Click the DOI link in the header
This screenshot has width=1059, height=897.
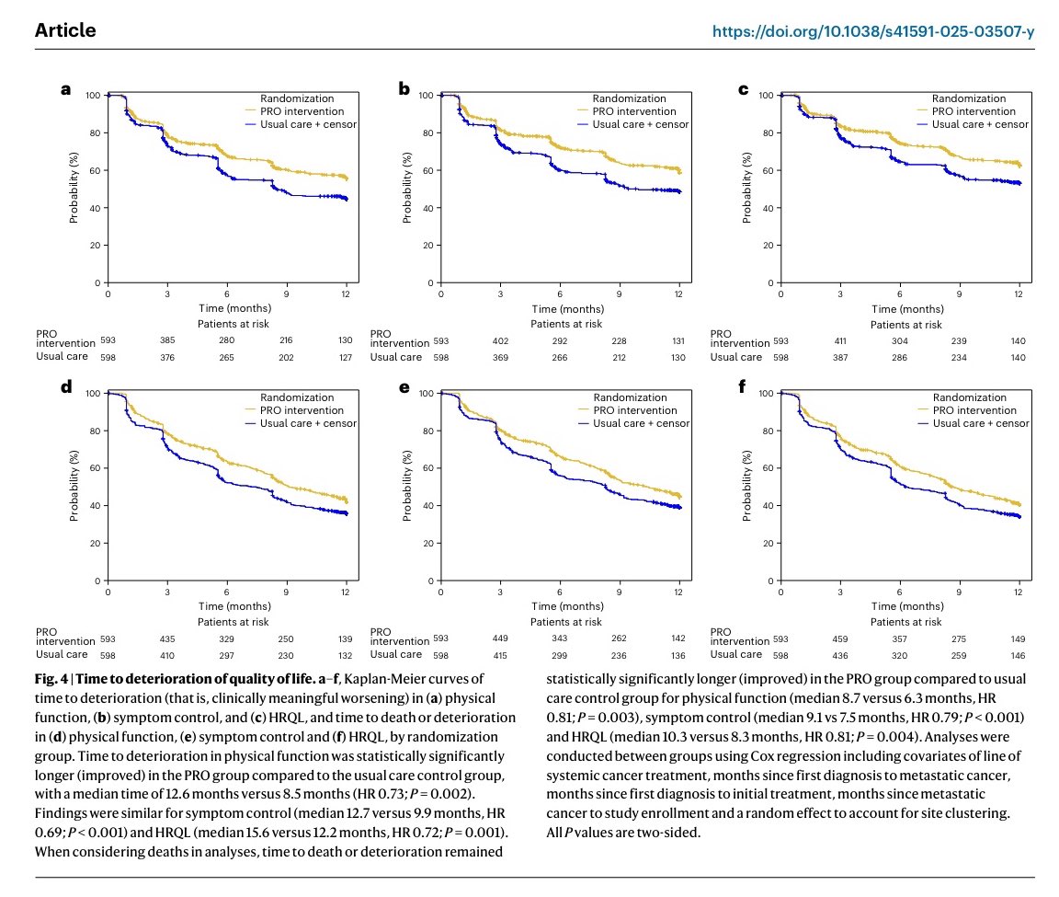coord(873,31)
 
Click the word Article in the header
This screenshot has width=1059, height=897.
coord(65,30)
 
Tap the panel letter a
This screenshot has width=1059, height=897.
coord(65,89)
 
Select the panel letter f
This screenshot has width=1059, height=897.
coord(742,386)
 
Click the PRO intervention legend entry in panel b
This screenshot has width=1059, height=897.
coord(634,111)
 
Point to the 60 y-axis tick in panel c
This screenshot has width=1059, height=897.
coord(768,171)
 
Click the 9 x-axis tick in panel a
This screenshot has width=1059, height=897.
coord(287,294)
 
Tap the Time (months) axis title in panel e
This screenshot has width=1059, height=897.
coord(567,606)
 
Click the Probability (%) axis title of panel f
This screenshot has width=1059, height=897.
coord(746,486)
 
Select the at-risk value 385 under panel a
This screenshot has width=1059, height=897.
coord(167,340)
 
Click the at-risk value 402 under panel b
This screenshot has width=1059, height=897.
coord(500,340)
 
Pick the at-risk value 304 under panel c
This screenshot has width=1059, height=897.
coord(900,340)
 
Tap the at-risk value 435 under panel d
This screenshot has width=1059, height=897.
coord(167,638)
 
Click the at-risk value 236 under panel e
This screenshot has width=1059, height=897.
coord(619,656)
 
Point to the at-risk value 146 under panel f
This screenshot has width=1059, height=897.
coord(1018,656)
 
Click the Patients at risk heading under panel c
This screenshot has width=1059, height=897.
coord(905,325)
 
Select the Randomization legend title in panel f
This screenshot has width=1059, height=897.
coord(970,397)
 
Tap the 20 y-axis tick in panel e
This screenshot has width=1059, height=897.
coord(428,544)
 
